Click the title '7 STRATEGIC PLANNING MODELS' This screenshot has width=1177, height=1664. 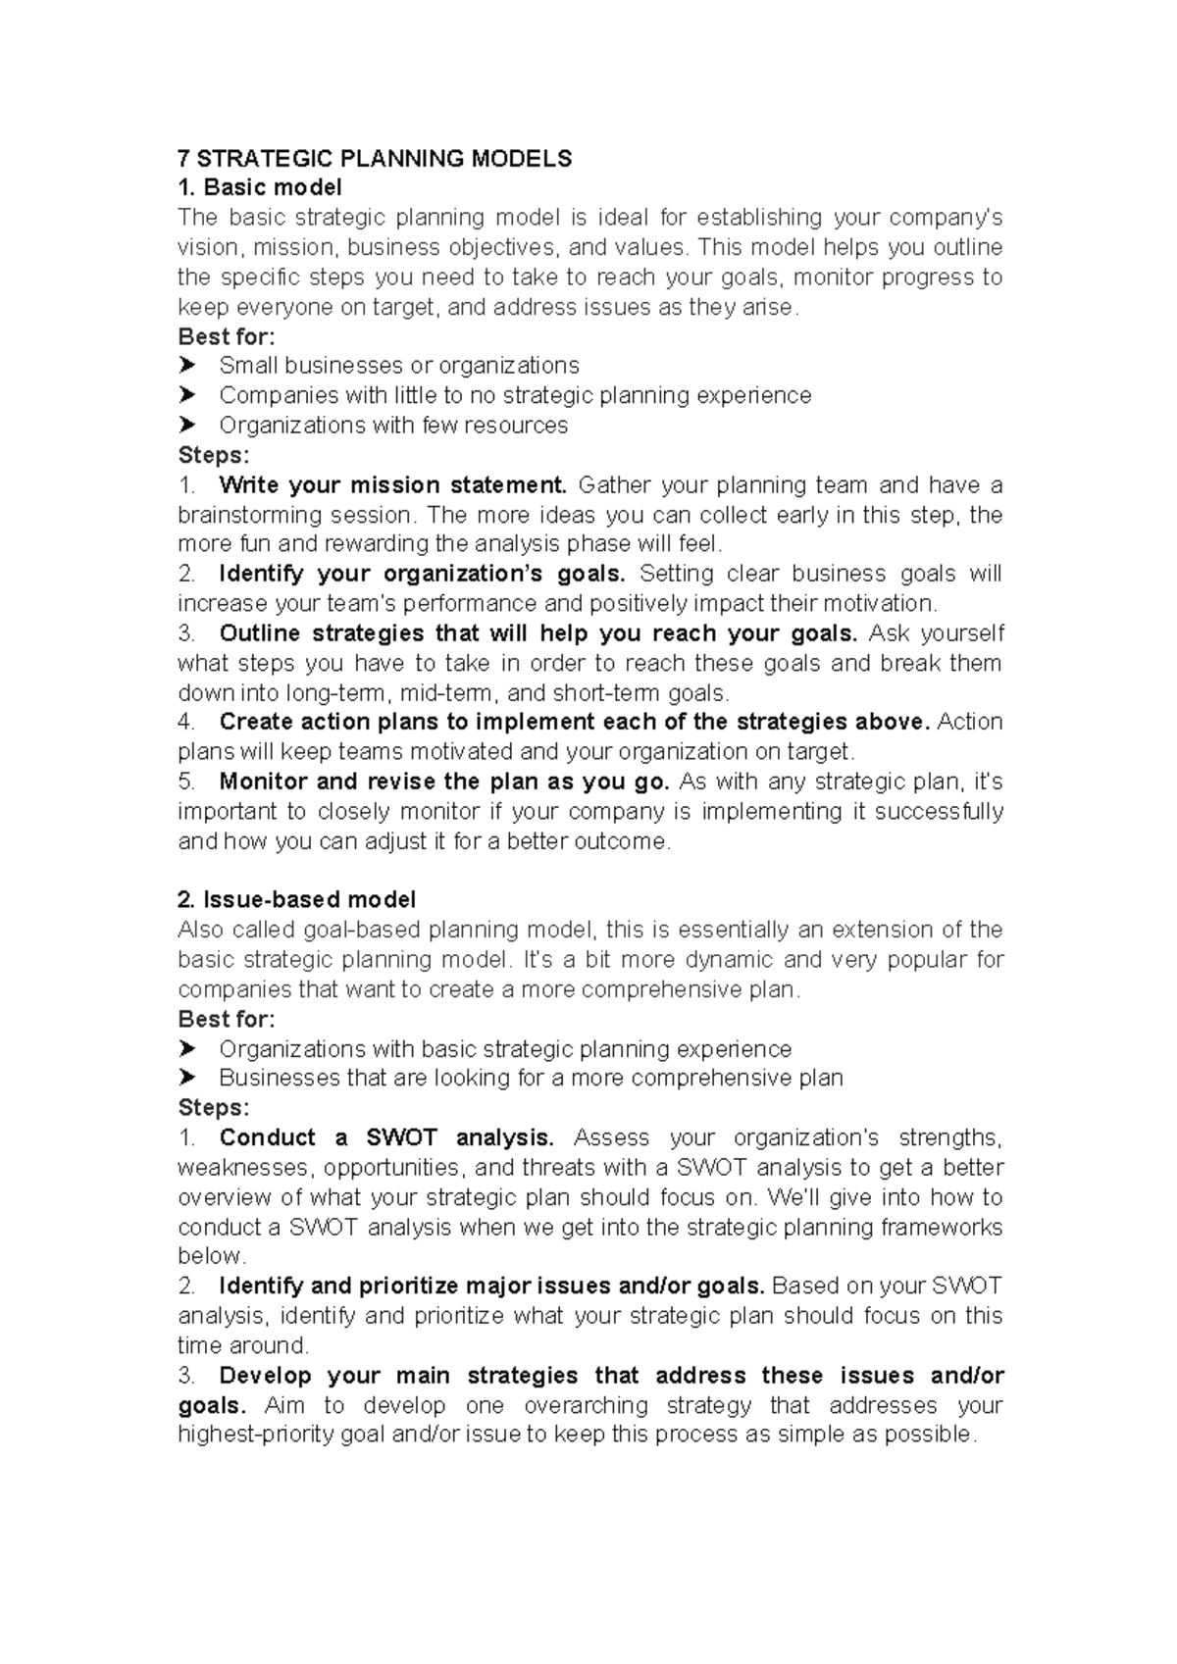pos(374,159)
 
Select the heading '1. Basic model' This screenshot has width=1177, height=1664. pos(259,187)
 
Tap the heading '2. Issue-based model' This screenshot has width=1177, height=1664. pos(296,899)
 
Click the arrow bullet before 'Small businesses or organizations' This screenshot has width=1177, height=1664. pos(187,366)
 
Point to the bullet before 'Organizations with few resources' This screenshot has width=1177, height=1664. pos(187,425)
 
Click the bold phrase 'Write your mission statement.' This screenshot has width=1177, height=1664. pos(392,484)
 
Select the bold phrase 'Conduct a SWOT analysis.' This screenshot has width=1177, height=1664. pos(386,1137)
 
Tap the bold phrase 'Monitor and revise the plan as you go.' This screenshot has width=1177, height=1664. pos(444,782)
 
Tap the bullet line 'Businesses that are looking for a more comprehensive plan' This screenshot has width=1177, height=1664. pos(531,1078)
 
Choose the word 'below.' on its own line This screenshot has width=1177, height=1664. pos(212,1256)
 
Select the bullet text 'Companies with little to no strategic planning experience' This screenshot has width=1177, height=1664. pos(515,395)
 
